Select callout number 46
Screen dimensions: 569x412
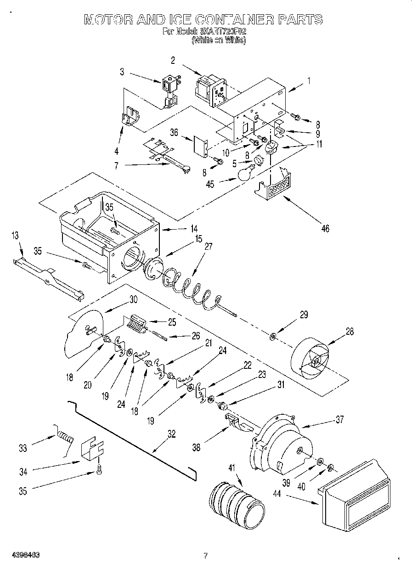click(x=325, y=228)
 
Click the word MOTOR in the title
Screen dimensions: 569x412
click(x=109, y=20)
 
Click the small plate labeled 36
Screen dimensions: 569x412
click(x=201, y=145)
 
